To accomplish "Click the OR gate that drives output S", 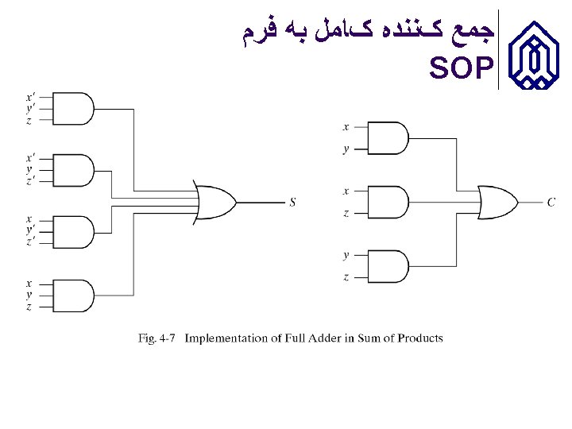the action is click(x=215, y=202).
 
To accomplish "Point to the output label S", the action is click(x=292, y=203).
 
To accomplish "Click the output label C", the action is click(x=551, y=203).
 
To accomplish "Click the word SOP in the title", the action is click(x=460, y=70).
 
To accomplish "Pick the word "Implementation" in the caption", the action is click(x=226, y=338).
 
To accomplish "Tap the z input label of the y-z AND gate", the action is click(x=346, y=276).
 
